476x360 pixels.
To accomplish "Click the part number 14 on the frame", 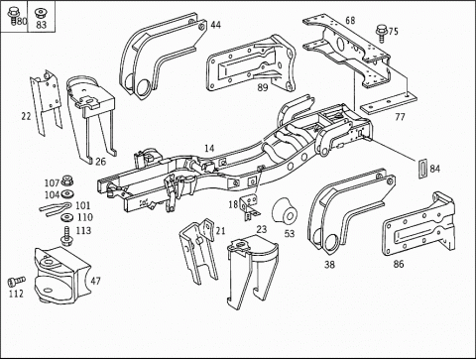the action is [209, 148].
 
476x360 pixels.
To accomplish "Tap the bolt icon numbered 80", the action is [13, 16].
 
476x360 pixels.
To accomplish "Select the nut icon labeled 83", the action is [41, 13].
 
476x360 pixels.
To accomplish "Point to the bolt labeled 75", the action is [382, 34].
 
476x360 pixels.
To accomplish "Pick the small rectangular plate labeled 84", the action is [423, 169].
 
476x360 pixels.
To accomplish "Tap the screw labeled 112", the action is [16, 282].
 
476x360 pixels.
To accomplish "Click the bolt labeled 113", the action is [67, 236].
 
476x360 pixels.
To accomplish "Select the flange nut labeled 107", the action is [67, 180].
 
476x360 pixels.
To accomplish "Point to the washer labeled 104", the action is [67, 193].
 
